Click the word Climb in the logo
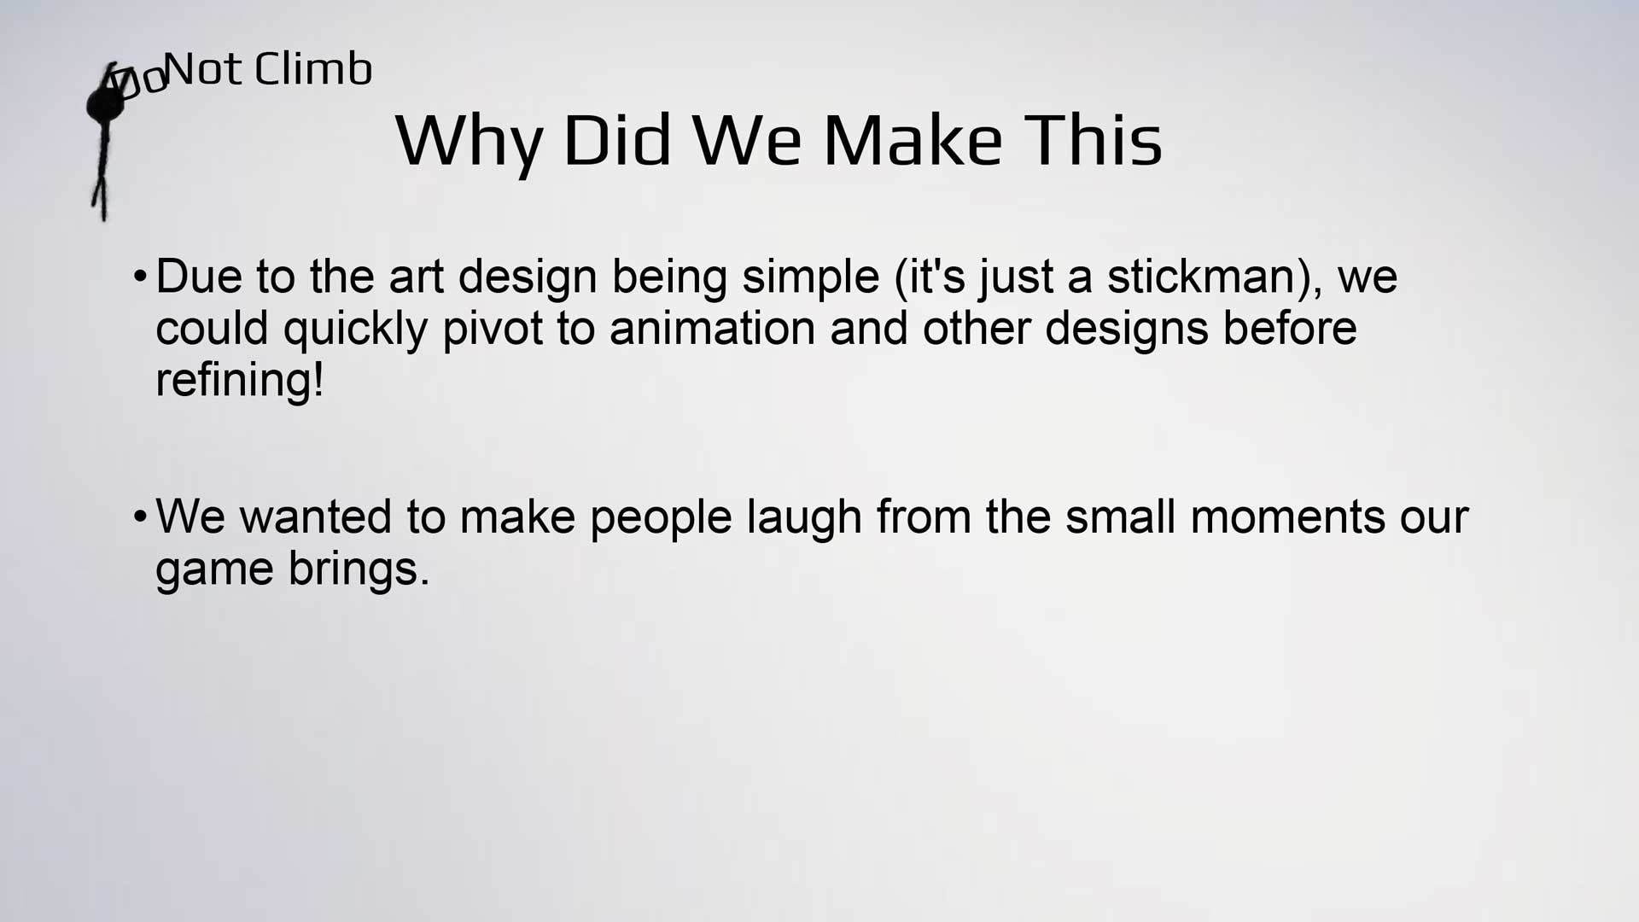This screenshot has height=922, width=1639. point(313,68)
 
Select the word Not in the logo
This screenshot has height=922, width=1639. point(204,69)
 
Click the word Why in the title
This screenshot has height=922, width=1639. point(469,142)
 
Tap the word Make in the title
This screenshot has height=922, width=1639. point(912,140)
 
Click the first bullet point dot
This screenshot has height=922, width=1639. point(140,277)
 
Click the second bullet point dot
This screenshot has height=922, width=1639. point(140,517)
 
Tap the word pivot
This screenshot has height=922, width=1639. point(493,330)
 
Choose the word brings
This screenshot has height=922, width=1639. point(359,570)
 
